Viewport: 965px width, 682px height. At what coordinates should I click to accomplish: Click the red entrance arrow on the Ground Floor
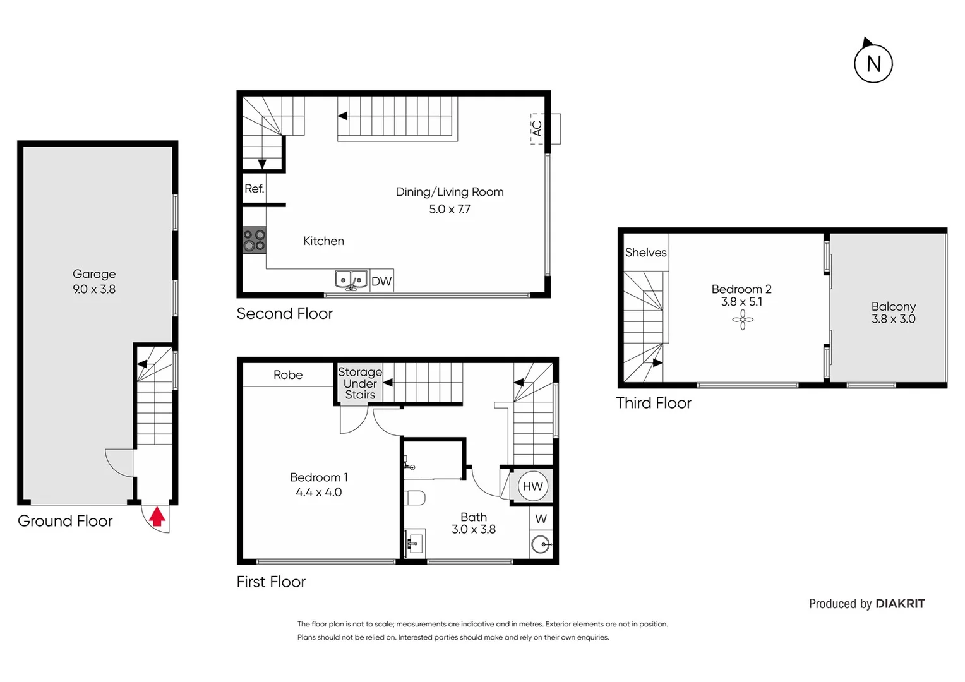point(157,517)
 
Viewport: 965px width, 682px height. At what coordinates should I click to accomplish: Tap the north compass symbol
point(873,63)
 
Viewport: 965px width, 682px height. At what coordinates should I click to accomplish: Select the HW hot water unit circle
point(532,486)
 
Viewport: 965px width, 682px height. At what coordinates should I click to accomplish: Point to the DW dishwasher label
point(381,282)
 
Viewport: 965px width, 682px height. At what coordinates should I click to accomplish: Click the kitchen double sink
point(351,280)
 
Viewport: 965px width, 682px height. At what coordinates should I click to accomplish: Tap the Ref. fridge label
point(254,189)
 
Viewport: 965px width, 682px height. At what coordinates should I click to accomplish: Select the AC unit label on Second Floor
point(537,128)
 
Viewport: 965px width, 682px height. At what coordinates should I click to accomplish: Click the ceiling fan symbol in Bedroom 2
point(743,320)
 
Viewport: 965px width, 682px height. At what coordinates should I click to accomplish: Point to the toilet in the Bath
point(415,498)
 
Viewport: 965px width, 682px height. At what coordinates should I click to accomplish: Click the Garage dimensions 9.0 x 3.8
point(94,289)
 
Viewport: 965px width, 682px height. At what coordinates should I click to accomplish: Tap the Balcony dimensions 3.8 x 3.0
point(893,319)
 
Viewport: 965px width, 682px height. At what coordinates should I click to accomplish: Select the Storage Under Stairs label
point(360,383)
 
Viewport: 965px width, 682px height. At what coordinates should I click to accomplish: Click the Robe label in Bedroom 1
point(288,375)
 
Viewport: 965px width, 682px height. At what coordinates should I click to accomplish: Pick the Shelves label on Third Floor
point(645,253)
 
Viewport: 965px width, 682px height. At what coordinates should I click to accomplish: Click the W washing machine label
point(541,519)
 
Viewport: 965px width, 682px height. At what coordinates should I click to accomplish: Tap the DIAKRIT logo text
point(900,604)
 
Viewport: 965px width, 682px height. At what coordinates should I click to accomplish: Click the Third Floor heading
point(654,403)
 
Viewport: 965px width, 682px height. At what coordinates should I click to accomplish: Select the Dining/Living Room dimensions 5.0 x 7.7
point(450,209)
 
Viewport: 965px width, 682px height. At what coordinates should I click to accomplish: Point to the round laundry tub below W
point(541,544)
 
